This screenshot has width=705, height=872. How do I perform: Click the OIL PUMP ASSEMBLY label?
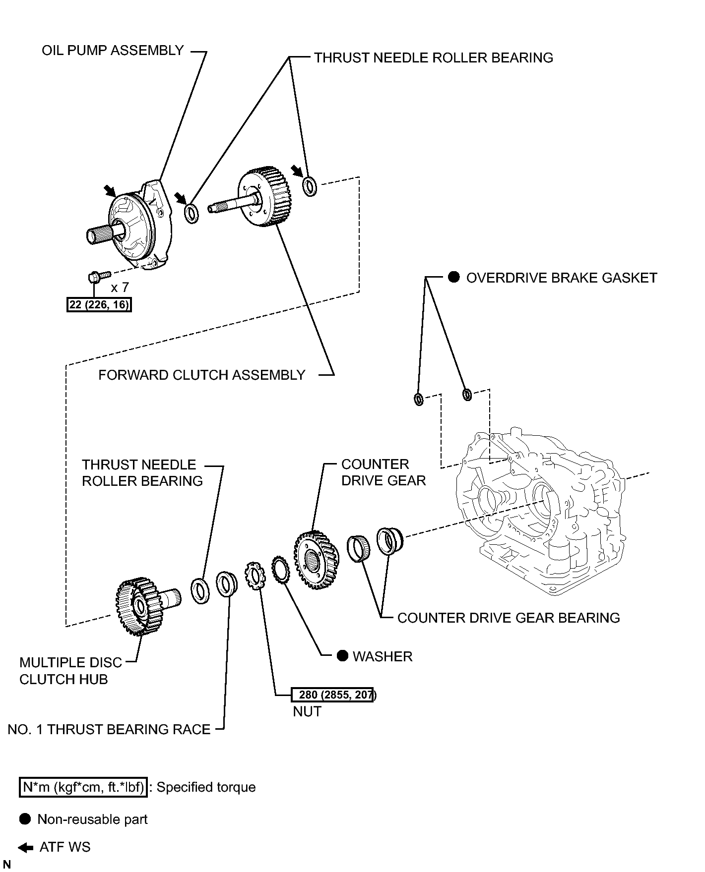(113, 51)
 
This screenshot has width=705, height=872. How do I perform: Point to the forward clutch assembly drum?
(264, 197)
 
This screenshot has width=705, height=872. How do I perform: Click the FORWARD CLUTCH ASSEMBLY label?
(201, 375)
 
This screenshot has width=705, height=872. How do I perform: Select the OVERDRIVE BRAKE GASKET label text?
(562, 278)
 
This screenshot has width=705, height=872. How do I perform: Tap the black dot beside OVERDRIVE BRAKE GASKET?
(454, 277)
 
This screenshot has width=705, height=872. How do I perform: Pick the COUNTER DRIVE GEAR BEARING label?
(509, 618)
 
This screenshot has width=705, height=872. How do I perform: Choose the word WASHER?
(383, 656)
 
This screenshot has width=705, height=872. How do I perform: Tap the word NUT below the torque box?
(307, 711)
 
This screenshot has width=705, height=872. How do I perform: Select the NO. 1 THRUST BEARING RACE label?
(109, 729)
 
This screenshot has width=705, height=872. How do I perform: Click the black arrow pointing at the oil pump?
(110, 191)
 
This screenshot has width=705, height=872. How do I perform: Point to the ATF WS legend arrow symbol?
(26, 847)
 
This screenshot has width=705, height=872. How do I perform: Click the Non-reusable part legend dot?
(25, 819)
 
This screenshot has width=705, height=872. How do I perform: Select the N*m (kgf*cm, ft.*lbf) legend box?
(83, 787)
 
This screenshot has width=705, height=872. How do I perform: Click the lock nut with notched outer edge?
(254, 576)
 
